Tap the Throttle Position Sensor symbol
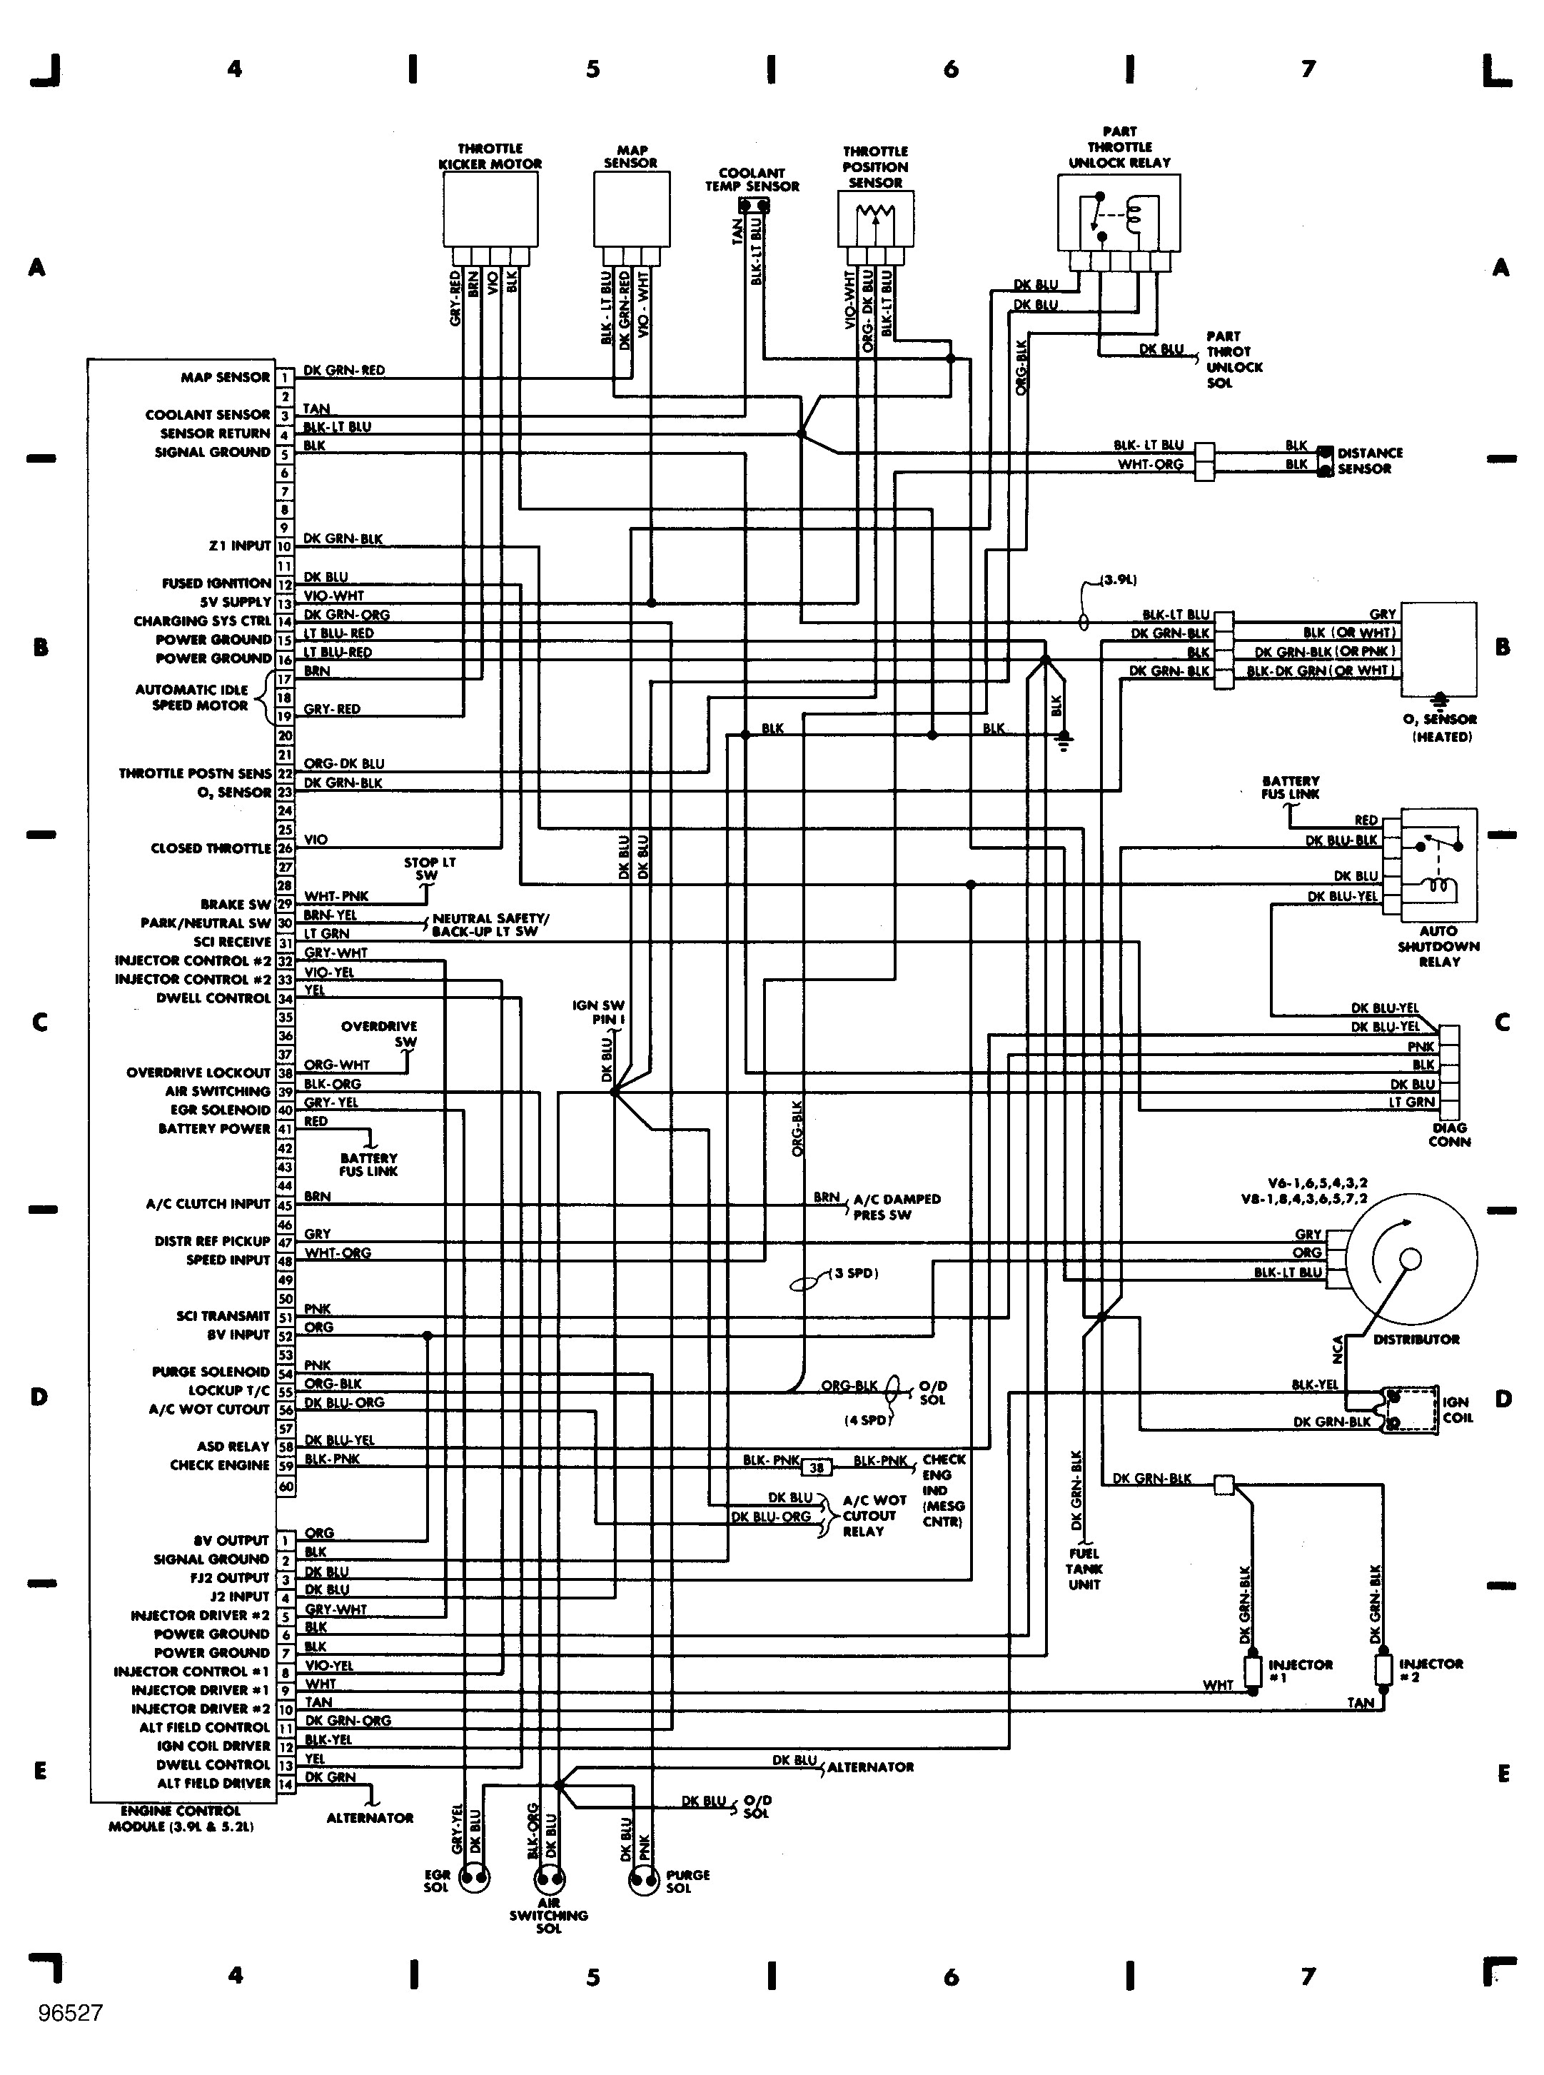[x=876, y=221]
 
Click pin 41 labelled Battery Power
[x=285, y=1129]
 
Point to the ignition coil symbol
[x=1411, y=1409]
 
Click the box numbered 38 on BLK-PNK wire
[x=817, y=1467]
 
